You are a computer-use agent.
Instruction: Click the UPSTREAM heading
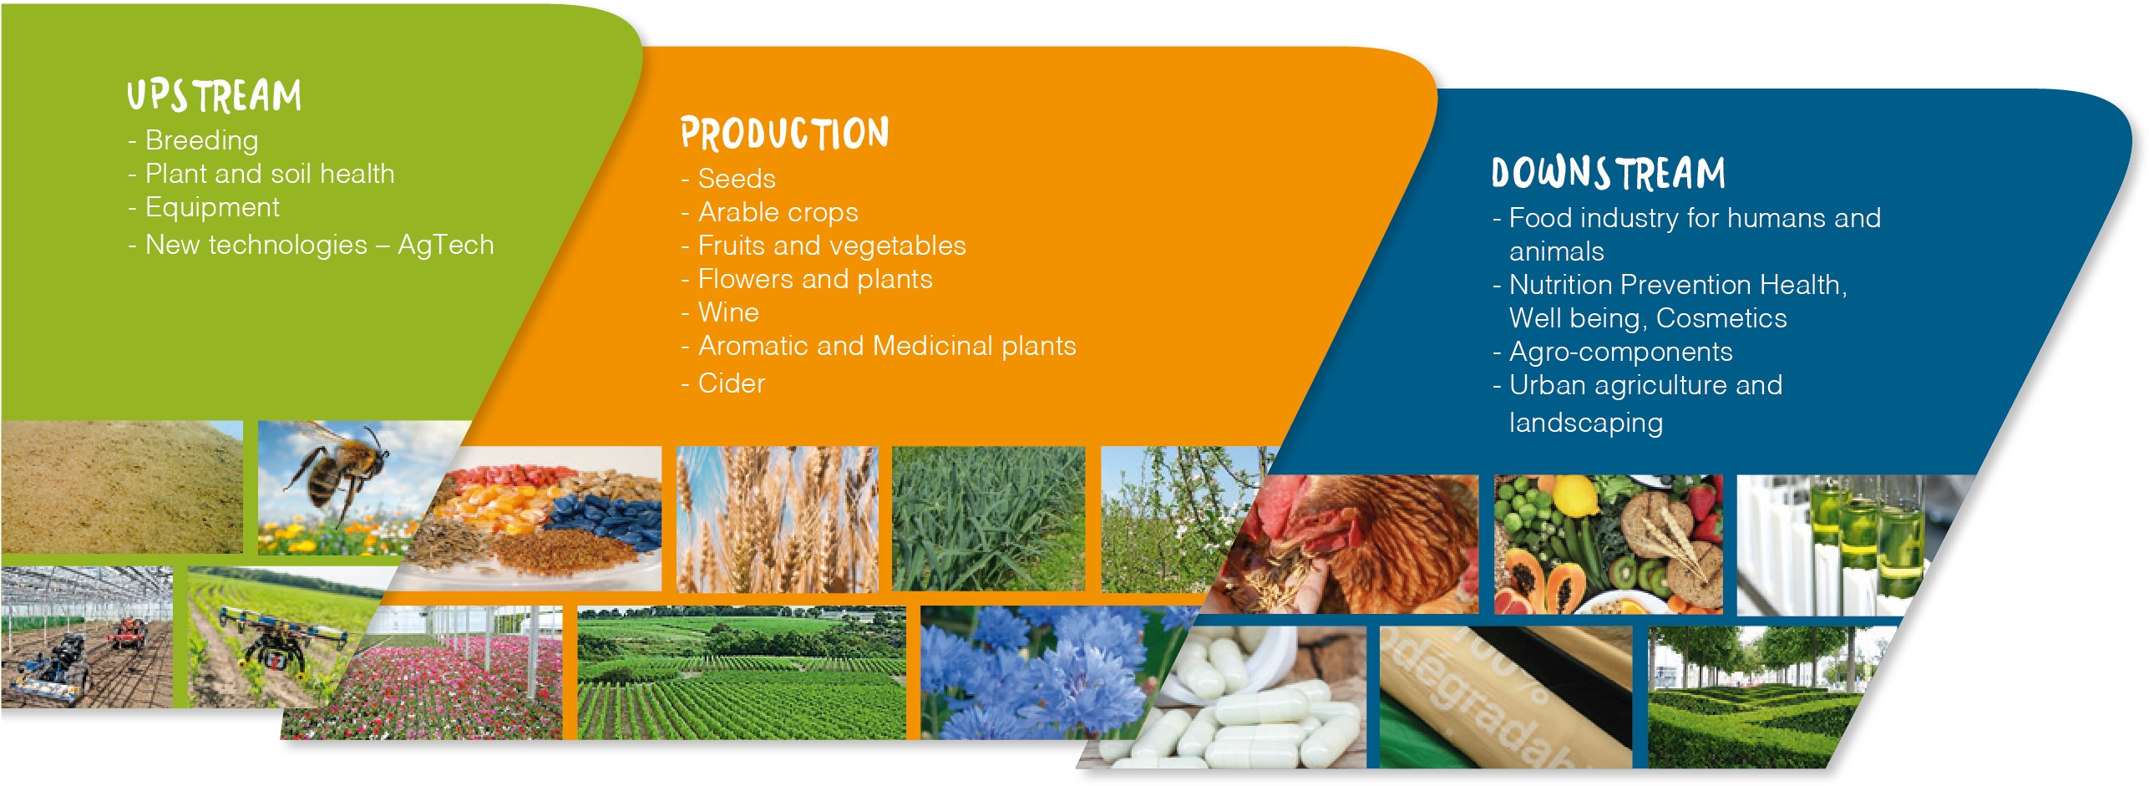pyautogui.click(x=214, y=96)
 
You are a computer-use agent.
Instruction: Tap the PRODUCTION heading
pyautogui.click(x=784, y=134)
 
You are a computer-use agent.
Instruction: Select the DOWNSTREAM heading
pyautogui.click(x=1608, y=174)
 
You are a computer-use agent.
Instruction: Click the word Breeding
pyautogui.click(x=201, y=140)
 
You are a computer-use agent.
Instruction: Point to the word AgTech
pyautogui.click(x=446, y=245)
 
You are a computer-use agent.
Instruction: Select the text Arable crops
pyautogui.click(x=778, y=212)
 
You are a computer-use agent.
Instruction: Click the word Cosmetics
pyautogui.click(x=1721, y=318)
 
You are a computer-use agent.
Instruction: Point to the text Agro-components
pyautogui.click(x=1620, y=352)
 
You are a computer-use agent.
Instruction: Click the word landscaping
pyautogui.click(x=1585, y=423)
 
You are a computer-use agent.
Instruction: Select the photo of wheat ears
pyautogui.click(x=777, y=519)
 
